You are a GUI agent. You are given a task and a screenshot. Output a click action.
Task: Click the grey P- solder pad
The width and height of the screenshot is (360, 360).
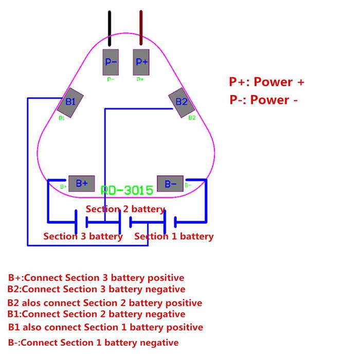(x=111, y=62)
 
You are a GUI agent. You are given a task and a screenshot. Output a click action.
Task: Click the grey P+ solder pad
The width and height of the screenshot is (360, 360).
(x=141, y=62)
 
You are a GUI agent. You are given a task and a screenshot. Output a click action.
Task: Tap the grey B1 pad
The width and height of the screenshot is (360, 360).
(x=70, y=103)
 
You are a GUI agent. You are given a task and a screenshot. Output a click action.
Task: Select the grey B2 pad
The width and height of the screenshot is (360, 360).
(x=182, y=103)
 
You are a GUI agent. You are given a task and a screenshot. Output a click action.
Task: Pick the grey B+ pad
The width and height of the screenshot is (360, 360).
(x=82, y=184)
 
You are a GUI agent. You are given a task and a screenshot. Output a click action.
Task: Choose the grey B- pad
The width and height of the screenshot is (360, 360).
(x=170, y=184)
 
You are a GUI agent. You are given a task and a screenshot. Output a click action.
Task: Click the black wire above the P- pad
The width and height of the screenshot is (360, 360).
(x=110, y=28)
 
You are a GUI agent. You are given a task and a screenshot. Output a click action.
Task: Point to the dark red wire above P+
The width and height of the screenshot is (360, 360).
(x=141, y=28)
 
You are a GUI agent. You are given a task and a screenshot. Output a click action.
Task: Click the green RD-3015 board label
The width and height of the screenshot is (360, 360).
(x=127, y=190)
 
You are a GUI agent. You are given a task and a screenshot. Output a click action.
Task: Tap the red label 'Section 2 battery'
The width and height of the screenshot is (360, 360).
(x=125, y=209)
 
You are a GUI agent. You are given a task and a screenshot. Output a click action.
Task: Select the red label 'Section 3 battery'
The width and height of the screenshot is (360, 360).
(x=83, y=236)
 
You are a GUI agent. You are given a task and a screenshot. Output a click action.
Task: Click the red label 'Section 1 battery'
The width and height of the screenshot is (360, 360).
(x=174, y=236)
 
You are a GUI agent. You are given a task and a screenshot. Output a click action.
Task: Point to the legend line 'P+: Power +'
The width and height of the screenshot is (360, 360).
(x=266, y=82)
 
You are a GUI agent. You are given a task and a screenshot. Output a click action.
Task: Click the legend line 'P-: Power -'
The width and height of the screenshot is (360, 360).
(x=263, y=100)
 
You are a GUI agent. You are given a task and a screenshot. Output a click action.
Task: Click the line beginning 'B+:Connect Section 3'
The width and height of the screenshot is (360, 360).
(x=96, y=278)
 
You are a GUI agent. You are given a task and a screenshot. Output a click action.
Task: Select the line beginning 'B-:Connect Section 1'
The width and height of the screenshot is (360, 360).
(x=93, y=343)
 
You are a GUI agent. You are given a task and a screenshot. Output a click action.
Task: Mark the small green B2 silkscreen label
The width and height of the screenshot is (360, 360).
(x=192, y=118)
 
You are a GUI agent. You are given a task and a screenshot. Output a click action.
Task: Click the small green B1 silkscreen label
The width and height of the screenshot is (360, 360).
(x=62, y=118)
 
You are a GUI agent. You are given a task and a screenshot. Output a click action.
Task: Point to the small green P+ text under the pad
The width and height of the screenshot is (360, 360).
(x=140, y=79)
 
